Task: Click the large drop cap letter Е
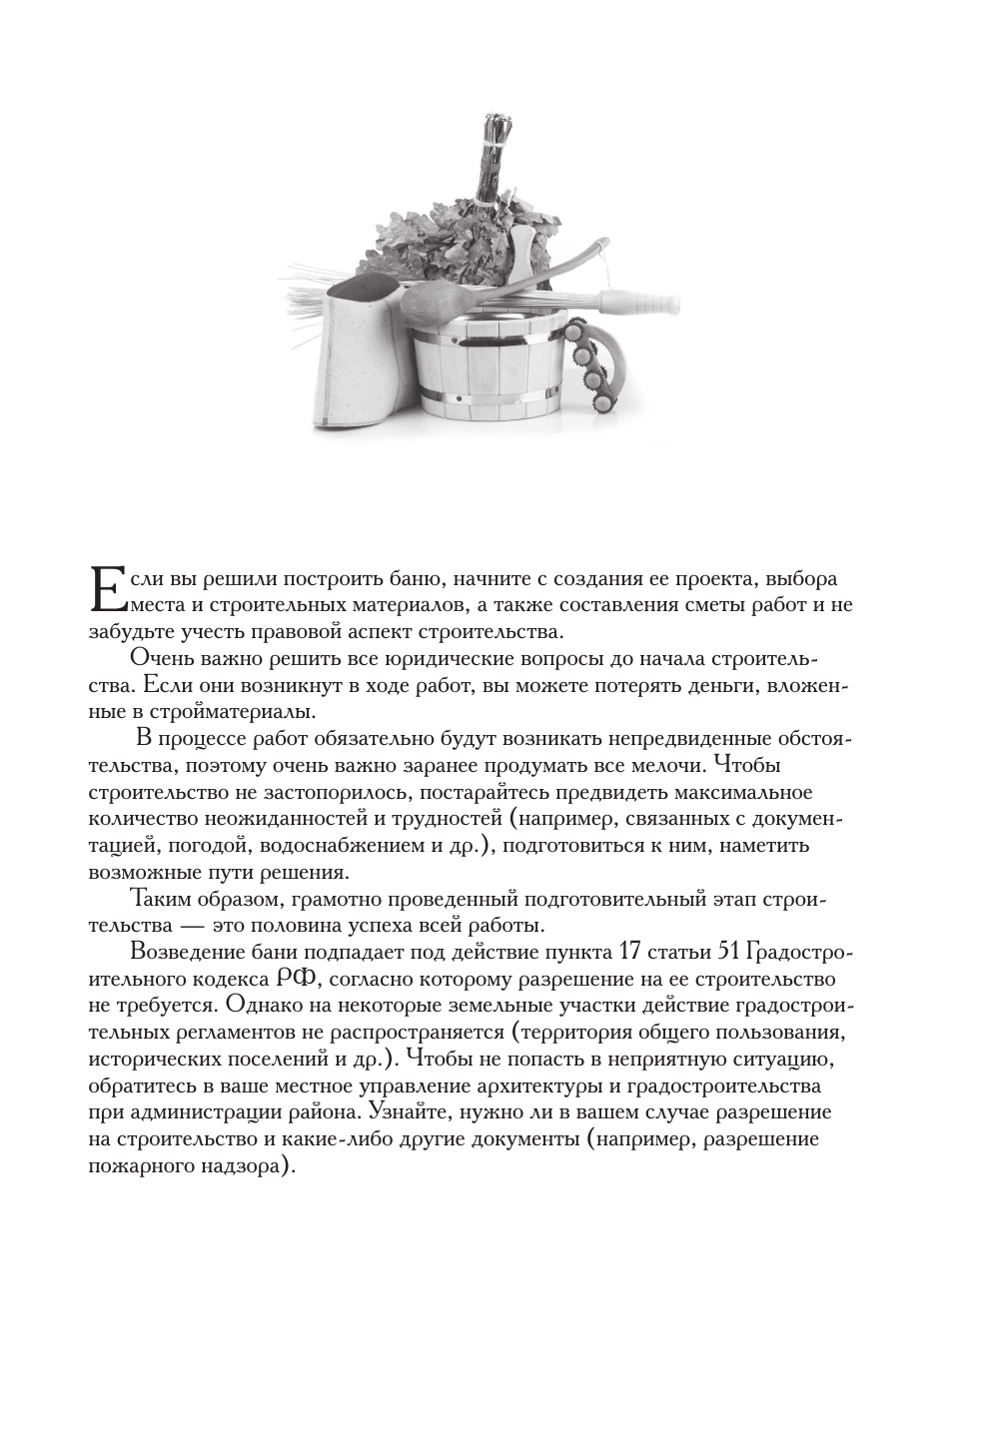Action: point(107,587)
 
